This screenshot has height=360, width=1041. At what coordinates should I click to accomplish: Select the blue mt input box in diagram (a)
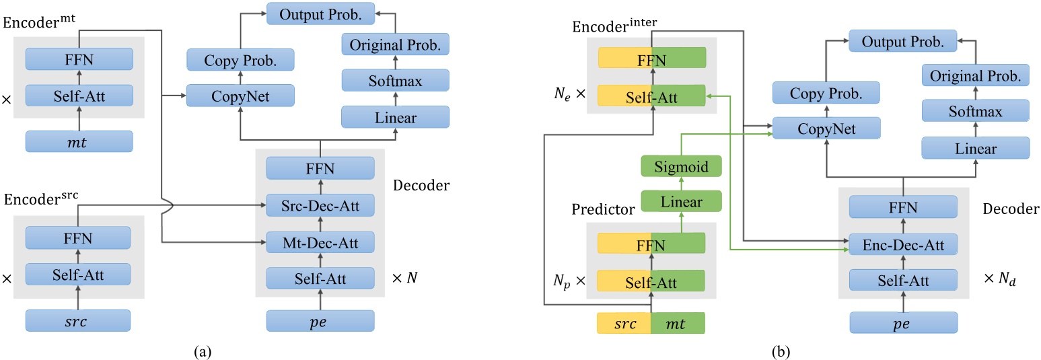tap(79, 142)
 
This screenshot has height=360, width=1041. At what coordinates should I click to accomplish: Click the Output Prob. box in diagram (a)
tap(321, 13)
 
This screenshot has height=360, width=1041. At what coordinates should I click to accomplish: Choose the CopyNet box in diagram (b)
tap(826, 129)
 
